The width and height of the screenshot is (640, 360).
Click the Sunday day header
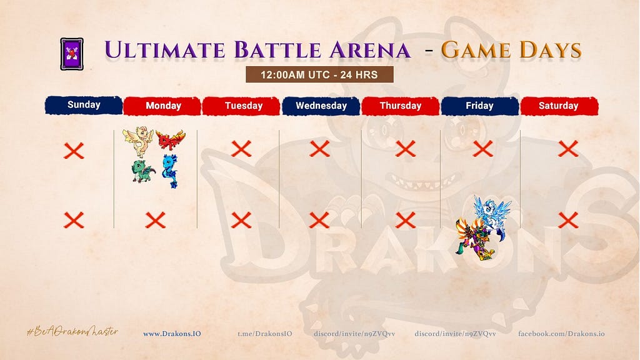pyautogui.click(x=84, y=105)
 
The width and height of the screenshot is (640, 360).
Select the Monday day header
pyautogui.click(x=162, y=106)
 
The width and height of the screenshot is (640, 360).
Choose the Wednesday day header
pyautogui.click(x=321, y=106)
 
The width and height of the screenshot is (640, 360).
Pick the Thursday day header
pyautogui.click(x=401, y=106)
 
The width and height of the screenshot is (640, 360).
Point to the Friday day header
pyautogui.click(x=479, y=106)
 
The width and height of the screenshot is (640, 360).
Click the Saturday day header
pyautogui.click(x=559, y=106)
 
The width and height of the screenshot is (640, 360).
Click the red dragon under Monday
pyautogui.click(x=171, y=139)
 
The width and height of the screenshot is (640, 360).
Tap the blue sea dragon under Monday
pyautogui.click(x=170, y=171)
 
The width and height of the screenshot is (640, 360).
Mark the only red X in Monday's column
pyautogui.click(x=156, y=220)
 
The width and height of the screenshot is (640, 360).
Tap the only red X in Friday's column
pyautogui.click(x=483, y=149)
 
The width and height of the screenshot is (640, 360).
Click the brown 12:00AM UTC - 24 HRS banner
pyautogui.click(x=319, y=75)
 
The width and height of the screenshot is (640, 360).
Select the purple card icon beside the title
pyautogui.click(x=72, y=54)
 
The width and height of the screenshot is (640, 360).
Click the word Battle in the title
pyautogui.click(x=278, y=50)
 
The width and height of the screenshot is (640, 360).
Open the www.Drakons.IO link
pyautogui.click(x=172, y=334)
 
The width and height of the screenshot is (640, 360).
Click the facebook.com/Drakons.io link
pyautogui.click(x=561, y=334)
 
